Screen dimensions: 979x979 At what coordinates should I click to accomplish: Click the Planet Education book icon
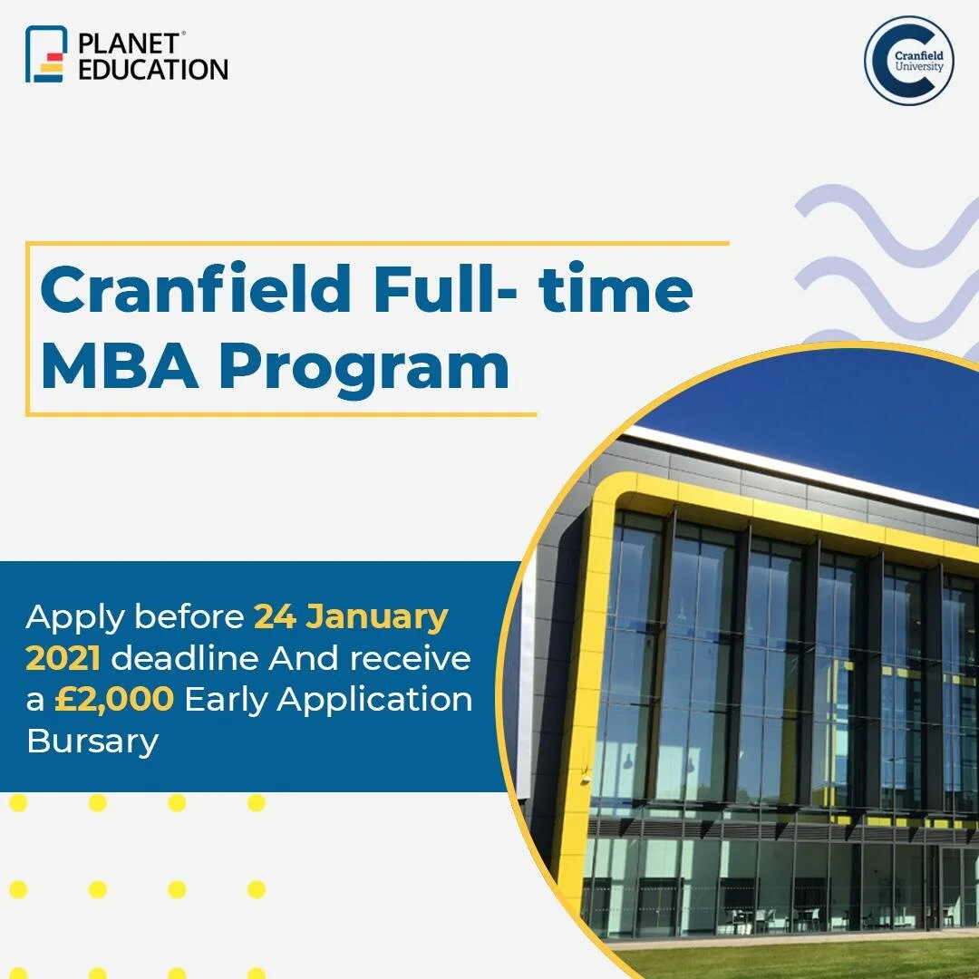46,54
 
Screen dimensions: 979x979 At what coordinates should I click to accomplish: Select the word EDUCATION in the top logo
153,69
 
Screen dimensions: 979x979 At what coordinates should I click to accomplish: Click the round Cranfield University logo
908,61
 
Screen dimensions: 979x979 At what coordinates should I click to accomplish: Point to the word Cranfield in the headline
195,289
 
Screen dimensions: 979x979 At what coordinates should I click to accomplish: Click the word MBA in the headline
120,367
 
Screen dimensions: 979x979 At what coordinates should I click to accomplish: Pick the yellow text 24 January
351,617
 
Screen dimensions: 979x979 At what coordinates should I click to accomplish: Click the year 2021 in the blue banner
63,659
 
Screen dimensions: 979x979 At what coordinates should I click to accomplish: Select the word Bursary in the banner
92,742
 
